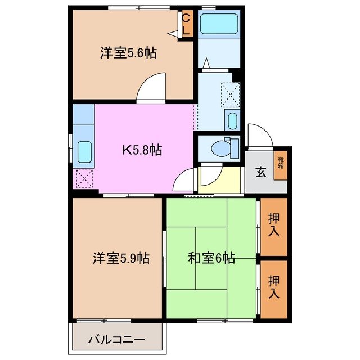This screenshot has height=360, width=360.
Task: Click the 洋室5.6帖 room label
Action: click(x=128, y=53)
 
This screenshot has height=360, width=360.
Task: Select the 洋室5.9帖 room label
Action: click(x=121, y=259)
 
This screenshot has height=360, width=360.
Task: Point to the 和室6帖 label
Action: click(x=211, y=259)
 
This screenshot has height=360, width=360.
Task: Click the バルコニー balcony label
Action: click(x=117, y=340)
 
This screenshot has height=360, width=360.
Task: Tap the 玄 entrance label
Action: click(x=262, y=172)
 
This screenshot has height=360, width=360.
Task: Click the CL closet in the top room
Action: click(x=186, y=25)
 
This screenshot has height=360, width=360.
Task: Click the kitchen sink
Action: click(x=84, y=151)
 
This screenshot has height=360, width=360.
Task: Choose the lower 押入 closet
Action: click(x=274, y=286)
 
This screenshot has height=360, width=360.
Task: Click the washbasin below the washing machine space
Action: click(x=231, y=120)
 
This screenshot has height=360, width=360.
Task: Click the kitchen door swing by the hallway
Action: click(x=184, y=181)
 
